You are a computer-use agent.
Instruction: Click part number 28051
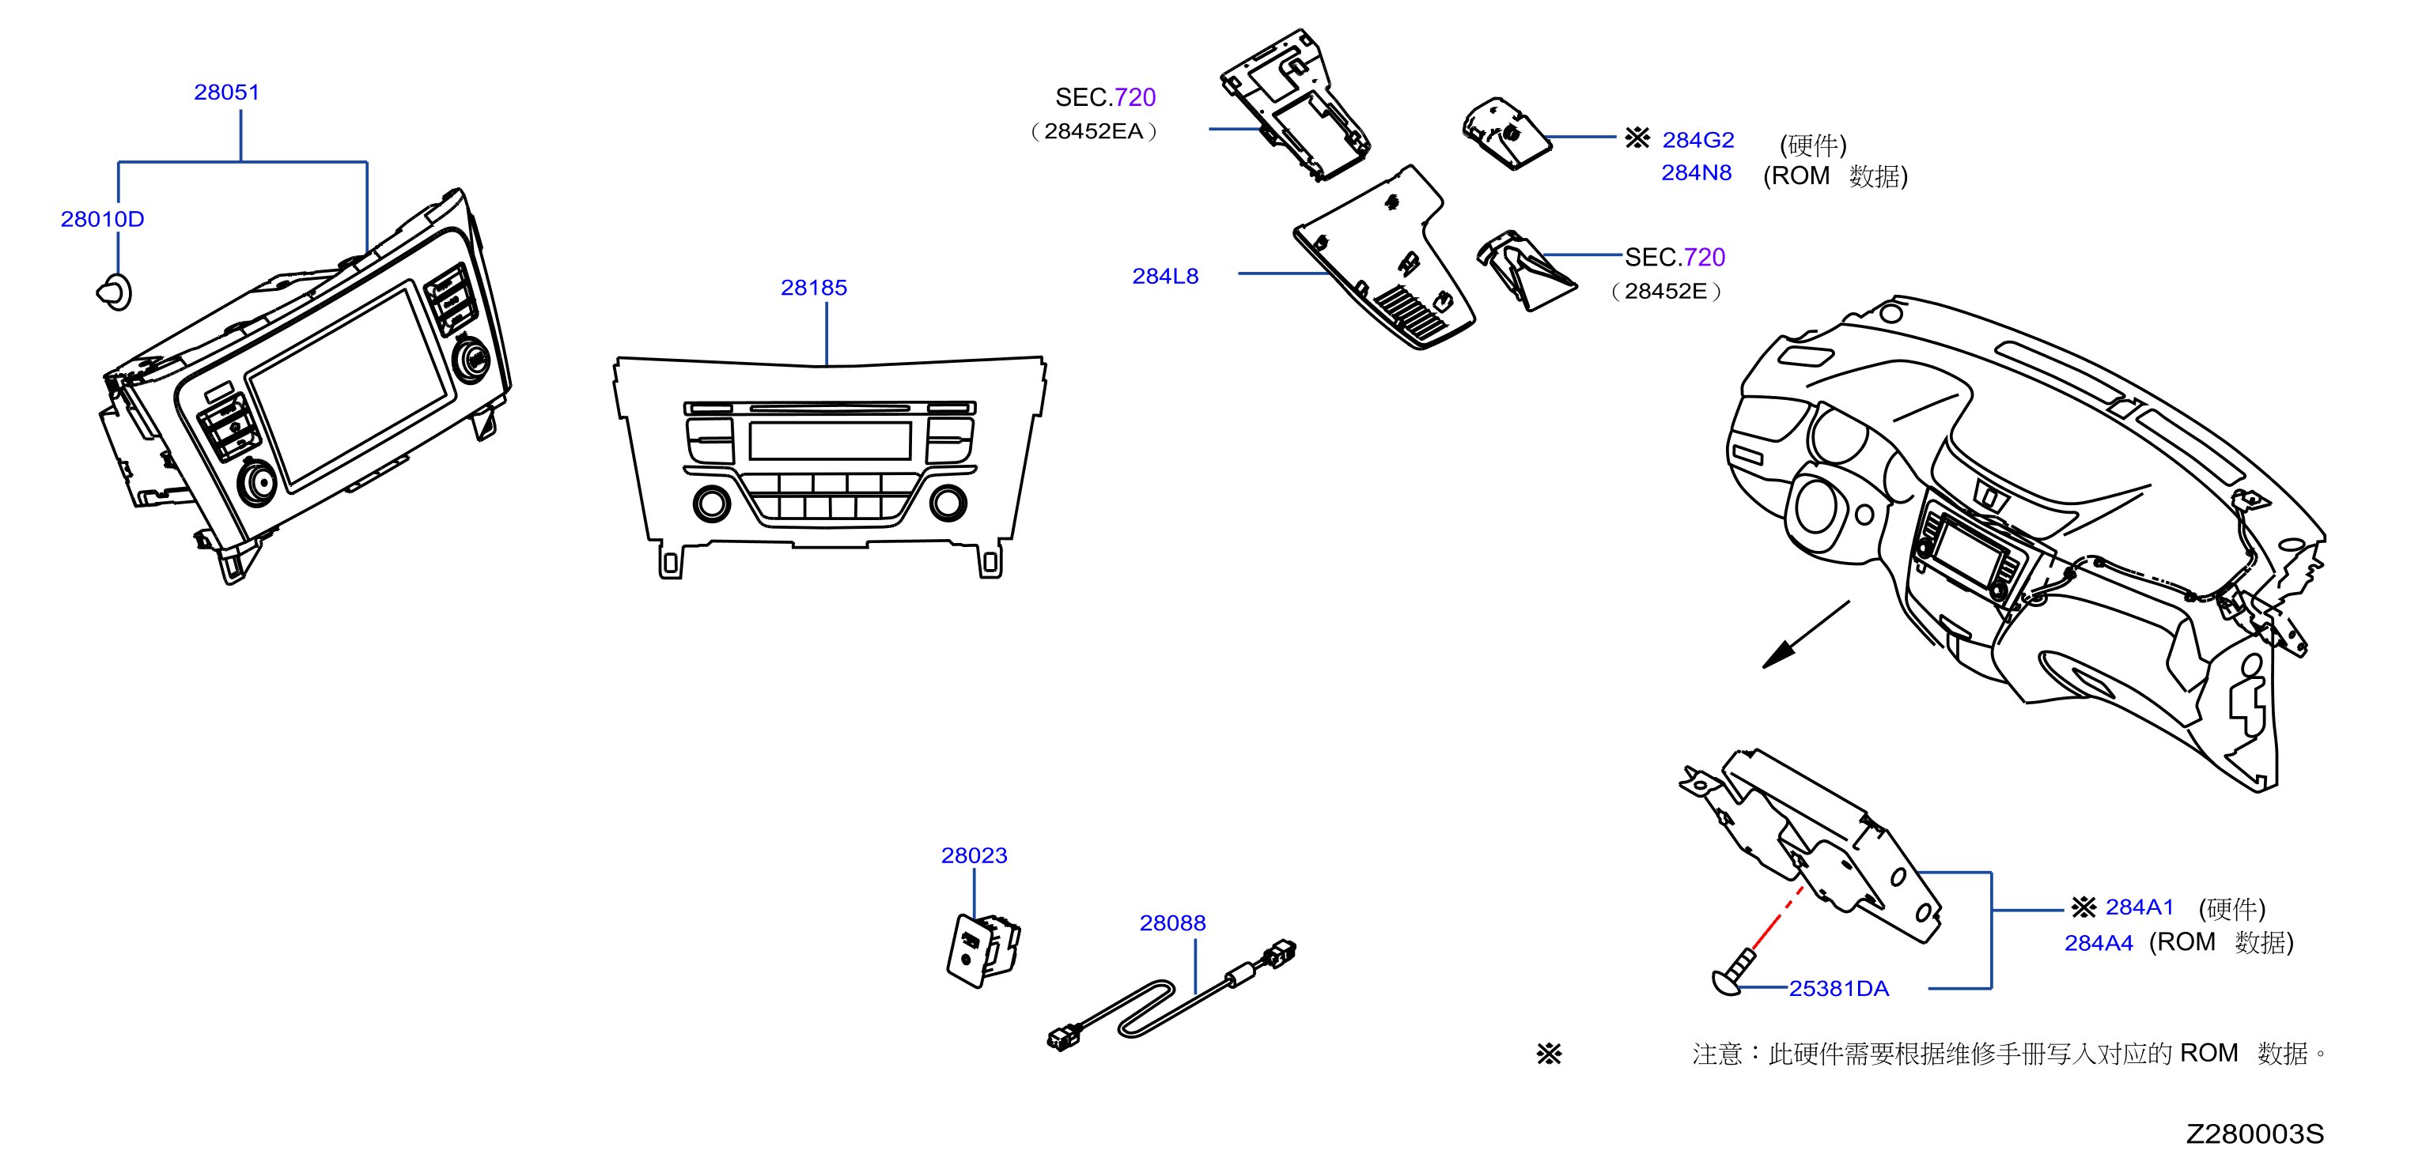(x=226, y=92)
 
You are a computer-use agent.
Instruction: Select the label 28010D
(x=102, y=220)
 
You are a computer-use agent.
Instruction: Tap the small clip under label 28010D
(x=115, y=292)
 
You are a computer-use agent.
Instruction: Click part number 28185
(x=814, y=288)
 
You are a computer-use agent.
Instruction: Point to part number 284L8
(x=1165, y=277)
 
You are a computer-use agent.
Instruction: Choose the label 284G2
(x=1698, y=140)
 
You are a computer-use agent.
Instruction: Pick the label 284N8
(x=1696, y=173)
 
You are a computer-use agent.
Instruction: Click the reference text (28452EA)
(x=1093, y=132)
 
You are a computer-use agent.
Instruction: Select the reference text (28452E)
(x=1666, y=292)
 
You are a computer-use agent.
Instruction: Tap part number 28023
(x=974, y=856)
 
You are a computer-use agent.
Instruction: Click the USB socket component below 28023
(x=983, y=950)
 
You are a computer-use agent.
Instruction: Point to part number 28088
(x=1172, y=923)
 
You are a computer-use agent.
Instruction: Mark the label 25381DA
(x=1838, y=989)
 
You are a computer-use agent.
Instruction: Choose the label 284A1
(x=2140, y=907)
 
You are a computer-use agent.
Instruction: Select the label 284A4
(x=2099, y=943)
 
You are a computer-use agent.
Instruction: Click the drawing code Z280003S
(x=2254, y=1134)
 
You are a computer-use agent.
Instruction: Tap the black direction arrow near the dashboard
(x=1805, y=636)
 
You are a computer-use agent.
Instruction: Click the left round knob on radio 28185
(x=712, y=504)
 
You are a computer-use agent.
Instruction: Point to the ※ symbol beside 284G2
(x=1637, y=138)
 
